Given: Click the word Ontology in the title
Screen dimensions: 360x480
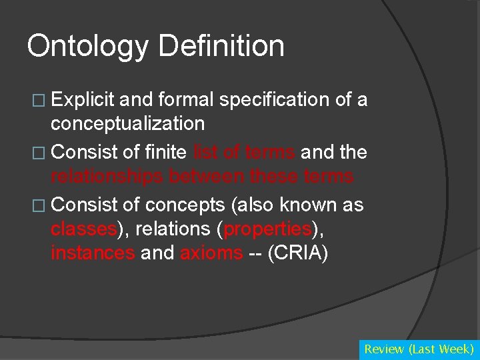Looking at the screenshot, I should click(88, 47).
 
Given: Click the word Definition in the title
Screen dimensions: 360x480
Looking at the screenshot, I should click(221, 47).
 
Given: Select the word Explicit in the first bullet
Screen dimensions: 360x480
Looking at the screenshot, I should click(83, 100).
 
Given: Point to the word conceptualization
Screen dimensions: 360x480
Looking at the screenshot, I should click(127, 123).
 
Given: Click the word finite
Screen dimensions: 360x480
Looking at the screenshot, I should click(165, 152).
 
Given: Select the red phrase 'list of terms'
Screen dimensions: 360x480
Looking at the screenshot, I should click(244, 152).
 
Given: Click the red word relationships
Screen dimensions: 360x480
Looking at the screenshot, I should click(107, 176).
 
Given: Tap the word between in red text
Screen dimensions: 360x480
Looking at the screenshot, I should click(206, 176).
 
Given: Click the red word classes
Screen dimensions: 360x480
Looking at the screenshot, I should click(83, 229).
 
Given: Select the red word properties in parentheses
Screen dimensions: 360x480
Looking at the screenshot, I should click(268, 229).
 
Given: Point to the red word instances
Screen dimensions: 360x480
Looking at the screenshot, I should click(93, 253).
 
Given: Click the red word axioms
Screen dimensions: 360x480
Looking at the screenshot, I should click(211, 253).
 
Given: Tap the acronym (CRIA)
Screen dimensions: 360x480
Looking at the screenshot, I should click(297, 253).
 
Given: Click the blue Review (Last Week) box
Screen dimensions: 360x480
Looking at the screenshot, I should click(419, 349).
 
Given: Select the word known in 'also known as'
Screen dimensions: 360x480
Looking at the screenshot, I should click(309, 205).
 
